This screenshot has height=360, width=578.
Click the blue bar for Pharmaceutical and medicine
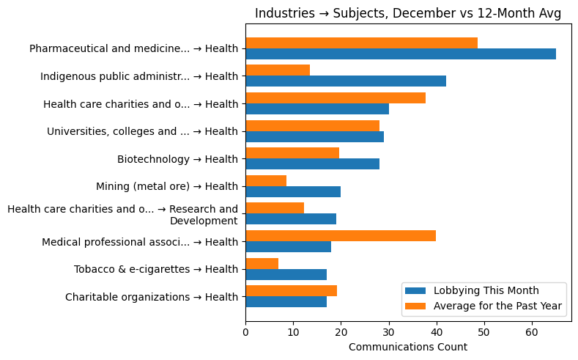click(x=400, y=54)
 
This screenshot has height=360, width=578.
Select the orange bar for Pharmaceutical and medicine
click(x=361, y=43)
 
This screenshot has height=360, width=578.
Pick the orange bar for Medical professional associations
click(x=341, y=235)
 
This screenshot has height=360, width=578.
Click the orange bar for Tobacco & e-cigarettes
click(x=262, y=263)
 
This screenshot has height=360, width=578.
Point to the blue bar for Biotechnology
click(x=312, y=164)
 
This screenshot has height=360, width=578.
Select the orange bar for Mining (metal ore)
click(x=266, y=180)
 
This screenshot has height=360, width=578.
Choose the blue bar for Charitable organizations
click(x=286, y=301)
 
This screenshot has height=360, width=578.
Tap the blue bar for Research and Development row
click(x=291, y=218)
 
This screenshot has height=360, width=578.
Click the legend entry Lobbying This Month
click(x=486, y=290)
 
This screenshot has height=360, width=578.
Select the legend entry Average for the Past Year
click(x=497, y=306)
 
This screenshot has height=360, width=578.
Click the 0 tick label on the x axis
click(x=245, y=331)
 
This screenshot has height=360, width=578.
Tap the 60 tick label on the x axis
click(x=531, y=331)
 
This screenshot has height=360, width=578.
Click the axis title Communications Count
click(x=407, y=347)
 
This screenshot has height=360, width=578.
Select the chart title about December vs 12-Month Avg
click(x=407, y=14)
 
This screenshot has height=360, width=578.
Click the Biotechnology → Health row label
click(x=177, y=159)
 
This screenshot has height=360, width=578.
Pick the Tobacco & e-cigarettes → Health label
click(x=156, y=269)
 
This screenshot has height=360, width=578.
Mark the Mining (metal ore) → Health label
click(x=167, y=186)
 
